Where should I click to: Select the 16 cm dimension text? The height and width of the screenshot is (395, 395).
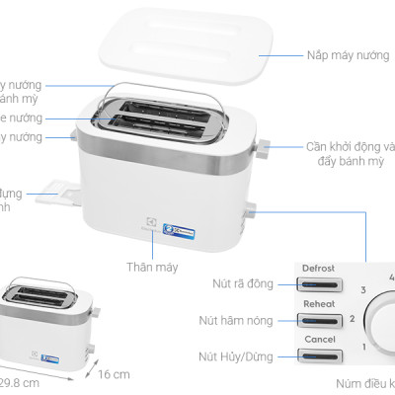point(114,374)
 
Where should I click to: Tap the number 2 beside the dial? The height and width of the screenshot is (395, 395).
point(351,319)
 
